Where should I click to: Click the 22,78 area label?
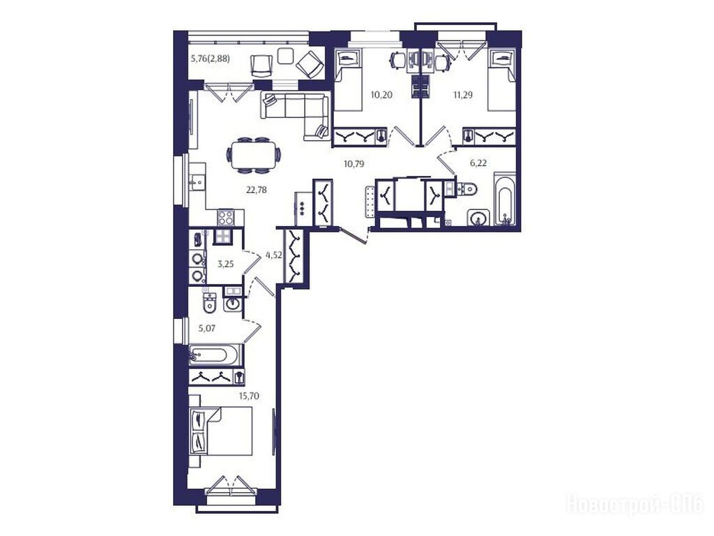[x=257, y=190]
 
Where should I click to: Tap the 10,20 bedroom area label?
[x=381, y=95]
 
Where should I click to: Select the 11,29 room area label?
[x=462, y=95]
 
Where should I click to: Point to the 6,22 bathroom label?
[x=478, y=163]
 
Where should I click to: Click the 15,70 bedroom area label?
[x=249, y=396]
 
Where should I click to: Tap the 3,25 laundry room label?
[x=225, y=263]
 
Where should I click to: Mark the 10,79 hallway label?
[x=354, y=163]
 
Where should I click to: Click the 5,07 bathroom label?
[x=206, y=328]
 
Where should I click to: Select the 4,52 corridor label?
[x=273, y=255]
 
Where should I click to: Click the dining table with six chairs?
[x=253, y=155]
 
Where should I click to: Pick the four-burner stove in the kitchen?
[x=226, y=217]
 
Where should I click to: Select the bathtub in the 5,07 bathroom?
[x=213, y=355]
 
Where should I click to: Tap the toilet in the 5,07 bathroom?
[x=209, y=301]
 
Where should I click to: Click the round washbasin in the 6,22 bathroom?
[x=478, y=218]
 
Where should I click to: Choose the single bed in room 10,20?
[x=348, y=80]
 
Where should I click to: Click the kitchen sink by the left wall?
[x=197, y=182]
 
